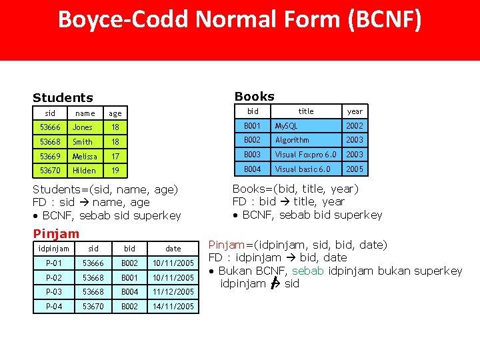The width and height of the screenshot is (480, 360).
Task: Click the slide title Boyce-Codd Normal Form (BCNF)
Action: (240, 20)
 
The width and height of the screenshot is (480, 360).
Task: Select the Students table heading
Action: (63, 98)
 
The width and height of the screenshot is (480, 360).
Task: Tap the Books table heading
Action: (254, 96)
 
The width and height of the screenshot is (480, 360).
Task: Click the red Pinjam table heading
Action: (56, 233)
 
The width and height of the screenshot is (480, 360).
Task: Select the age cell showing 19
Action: (115, 171)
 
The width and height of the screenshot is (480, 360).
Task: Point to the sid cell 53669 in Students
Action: (50, 156)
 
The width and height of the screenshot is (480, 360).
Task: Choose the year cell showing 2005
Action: (355, 169)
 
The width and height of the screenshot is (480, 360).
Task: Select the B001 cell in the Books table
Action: (252, 125)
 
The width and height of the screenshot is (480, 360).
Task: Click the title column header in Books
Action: (306, 111)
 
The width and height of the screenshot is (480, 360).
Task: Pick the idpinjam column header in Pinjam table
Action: (53, 249)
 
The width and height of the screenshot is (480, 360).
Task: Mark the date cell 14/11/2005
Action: (173, 307)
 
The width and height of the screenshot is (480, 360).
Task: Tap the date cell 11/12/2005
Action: (173, 292)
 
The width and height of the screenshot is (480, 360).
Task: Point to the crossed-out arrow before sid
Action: (274, 284)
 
